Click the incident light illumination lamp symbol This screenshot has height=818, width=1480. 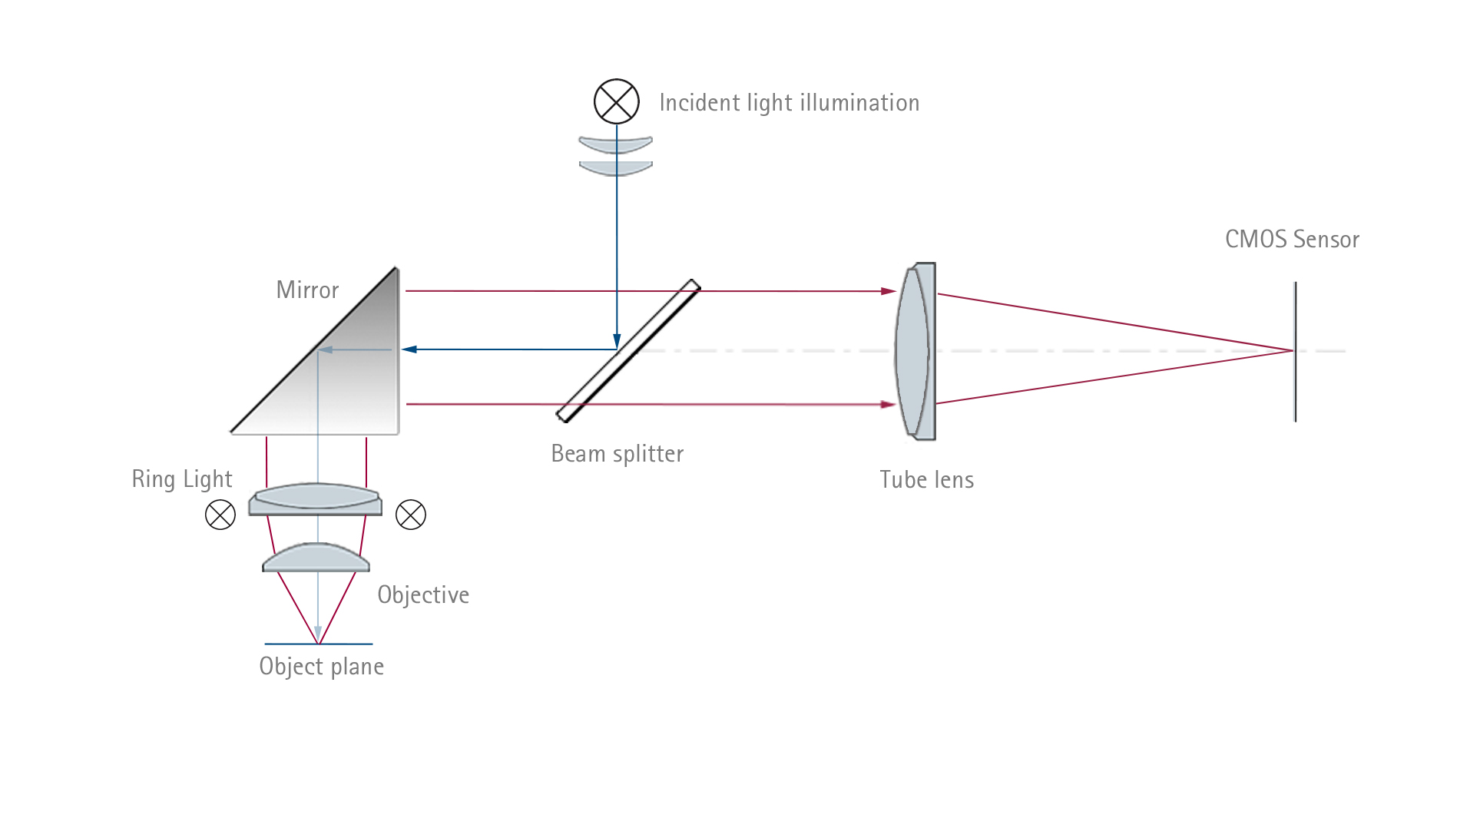[616, 101]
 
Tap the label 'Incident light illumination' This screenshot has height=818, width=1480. [789, 103]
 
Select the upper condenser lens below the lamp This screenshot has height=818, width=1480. [615, 144]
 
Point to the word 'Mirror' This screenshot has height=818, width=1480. [307, 290]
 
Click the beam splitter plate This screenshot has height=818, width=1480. [627, 351]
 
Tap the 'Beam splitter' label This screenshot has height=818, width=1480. [617, 454]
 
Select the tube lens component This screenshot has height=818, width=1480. [915, 351]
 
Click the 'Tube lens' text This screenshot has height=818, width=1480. [926, 480]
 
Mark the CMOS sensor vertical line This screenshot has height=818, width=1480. [1295, 351]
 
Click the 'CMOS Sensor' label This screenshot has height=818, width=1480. [1292, 240]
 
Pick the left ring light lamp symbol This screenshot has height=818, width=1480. [220, 515]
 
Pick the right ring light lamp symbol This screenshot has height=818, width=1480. [411, 515]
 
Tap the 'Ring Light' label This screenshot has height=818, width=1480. [182, 479]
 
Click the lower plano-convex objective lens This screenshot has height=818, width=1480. [316, 558]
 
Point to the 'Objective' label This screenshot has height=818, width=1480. [423, 595]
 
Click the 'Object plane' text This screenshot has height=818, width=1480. [321, 667]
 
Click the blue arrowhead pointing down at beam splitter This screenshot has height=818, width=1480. [617, 342]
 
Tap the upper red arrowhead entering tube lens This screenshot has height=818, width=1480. [889, 291]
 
